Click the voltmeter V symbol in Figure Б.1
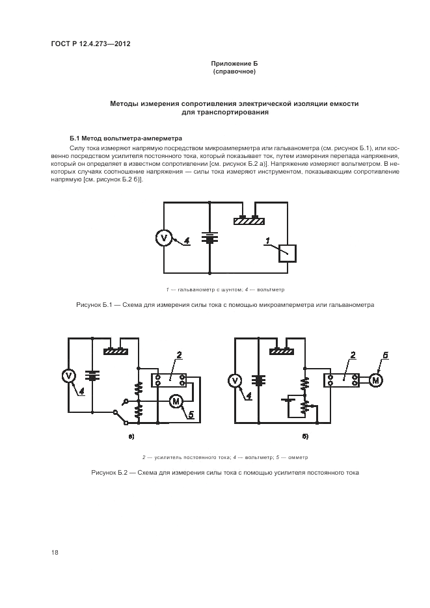coord(164,238)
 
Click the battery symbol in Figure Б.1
coord(210,238)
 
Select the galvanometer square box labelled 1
coord(288,252)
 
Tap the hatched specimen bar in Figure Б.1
coord(249,221)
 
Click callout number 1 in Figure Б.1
coord(267,241)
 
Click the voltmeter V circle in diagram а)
coord(69,375)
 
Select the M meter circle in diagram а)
coord(176,402)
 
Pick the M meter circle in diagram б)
coord(376,379)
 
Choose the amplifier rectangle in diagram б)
coord(342,379)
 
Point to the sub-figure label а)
coord(131,435)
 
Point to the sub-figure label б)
coord(304,435)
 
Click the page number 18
coord(55,552)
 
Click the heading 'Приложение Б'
coord(234,63)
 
